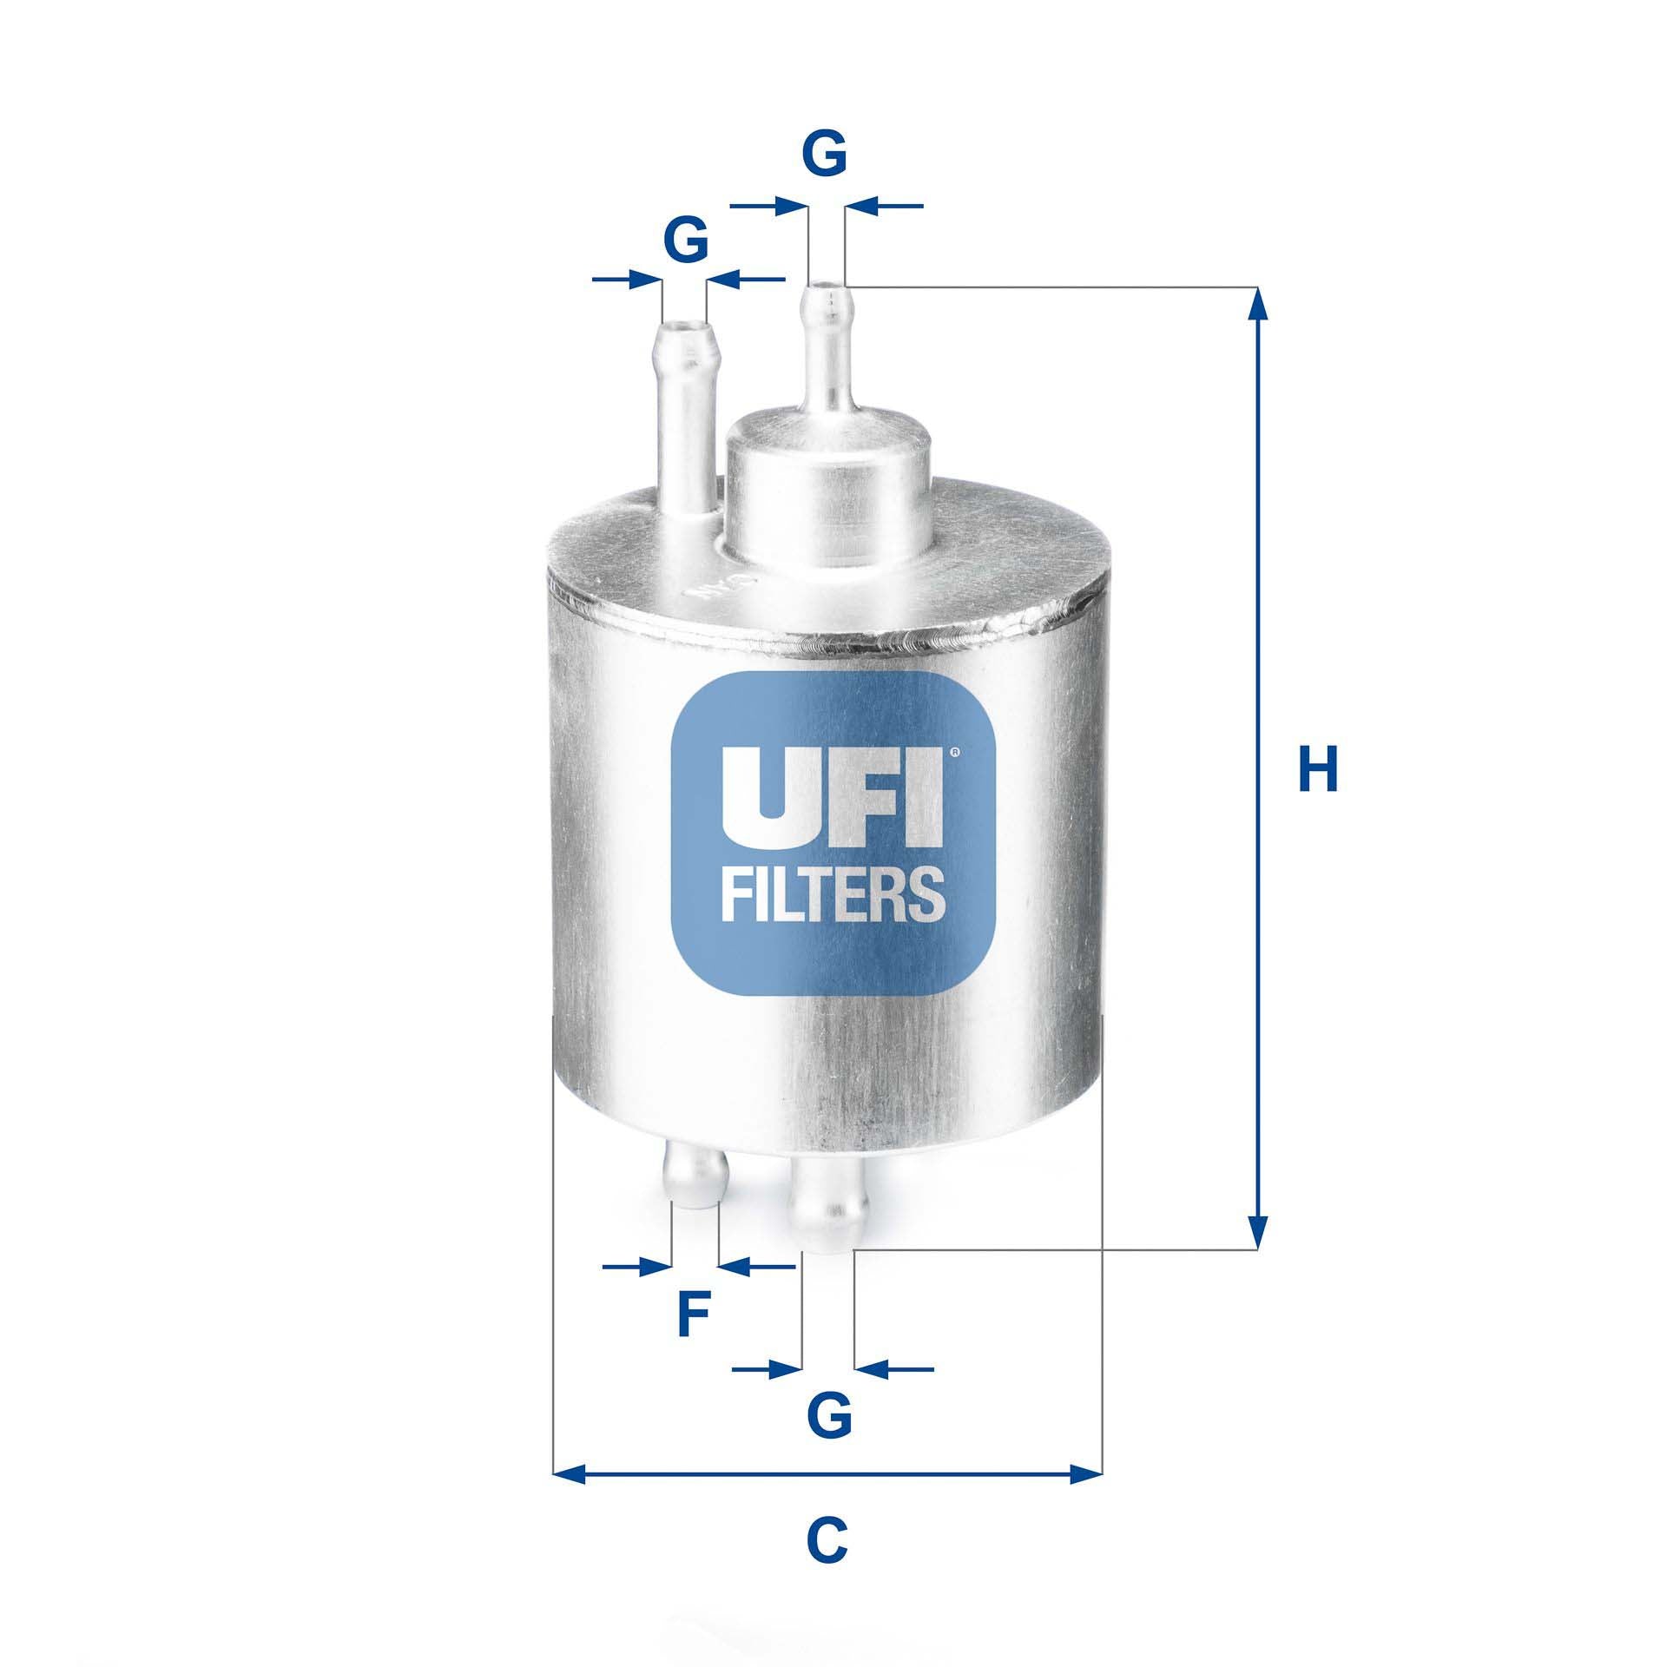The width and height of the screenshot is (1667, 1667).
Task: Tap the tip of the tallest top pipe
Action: pos(827,291)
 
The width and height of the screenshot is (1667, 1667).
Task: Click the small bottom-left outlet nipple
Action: pos(695,1178)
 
